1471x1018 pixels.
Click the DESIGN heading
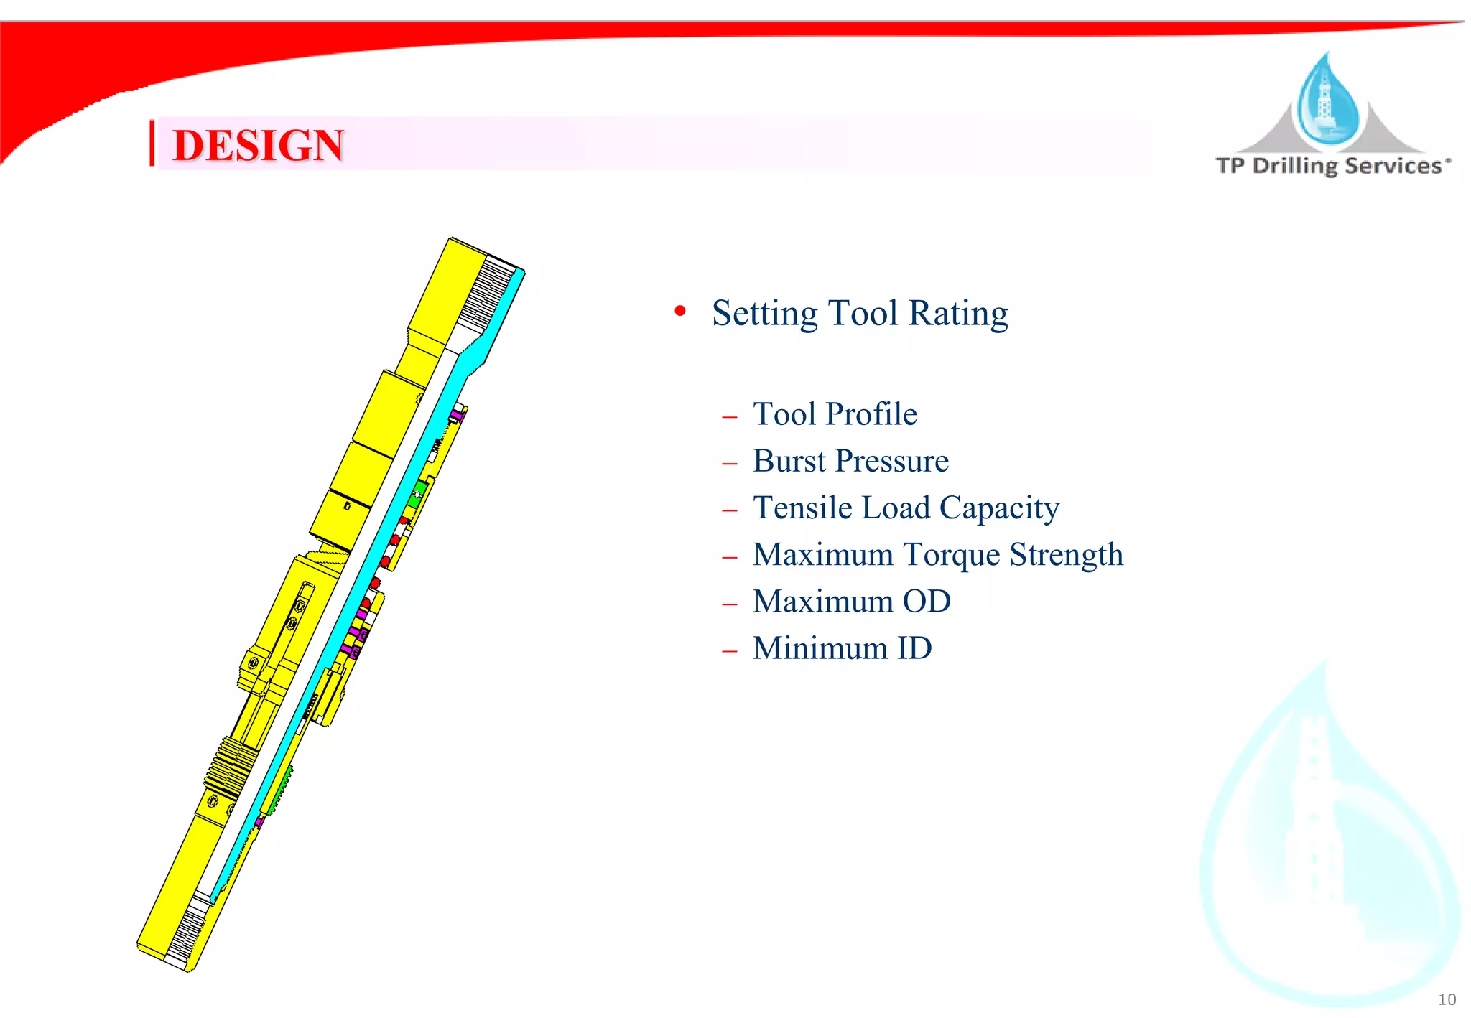click(x=259, y=145)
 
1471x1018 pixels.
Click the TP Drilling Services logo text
click(x=1332, y=166)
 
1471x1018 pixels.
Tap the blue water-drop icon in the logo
click(x=1328, y=101)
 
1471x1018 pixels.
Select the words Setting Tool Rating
click(x=860, y=313)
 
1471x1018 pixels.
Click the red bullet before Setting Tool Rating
click(x=680, y=311)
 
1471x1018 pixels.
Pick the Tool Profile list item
click(x=835, y=414)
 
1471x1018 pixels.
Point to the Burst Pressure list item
click(x=850, y=461)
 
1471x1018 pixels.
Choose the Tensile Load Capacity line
click(x=906, y=508)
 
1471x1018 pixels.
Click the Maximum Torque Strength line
click(x=937, y=555)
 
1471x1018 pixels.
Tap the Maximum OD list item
click(x=851, y=602)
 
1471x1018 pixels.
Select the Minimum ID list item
click(x=842, y=648)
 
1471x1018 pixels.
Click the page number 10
click(x=1447, y=999)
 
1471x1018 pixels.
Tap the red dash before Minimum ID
click(x=730, y=651)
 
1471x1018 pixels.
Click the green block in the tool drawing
click(x=419, y=490)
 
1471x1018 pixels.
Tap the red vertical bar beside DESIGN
click(x=152, y=144)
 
